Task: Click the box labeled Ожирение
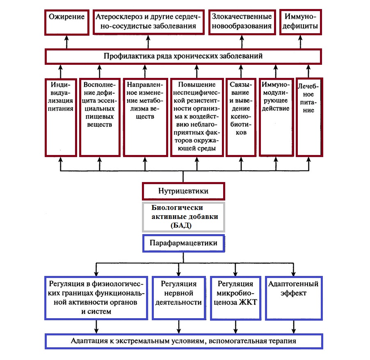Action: coord(67,23)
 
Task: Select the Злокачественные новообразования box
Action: coord(242,22)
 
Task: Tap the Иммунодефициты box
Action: coord(301,22)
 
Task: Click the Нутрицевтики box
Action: coord(183,191)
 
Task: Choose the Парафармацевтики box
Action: coord(183,243)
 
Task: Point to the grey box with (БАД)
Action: coord(183,217)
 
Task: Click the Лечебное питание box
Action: coord(309,117)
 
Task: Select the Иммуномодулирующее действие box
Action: coord(276,117)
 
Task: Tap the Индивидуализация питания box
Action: coord(61,118)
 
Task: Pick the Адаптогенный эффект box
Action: coord(294,298)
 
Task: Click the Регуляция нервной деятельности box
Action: coord(179,298)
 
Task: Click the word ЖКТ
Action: coord(248,302)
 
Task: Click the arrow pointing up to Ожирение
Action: coord(67,42)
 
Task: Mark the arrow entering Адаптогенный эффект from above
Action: coord(294,269)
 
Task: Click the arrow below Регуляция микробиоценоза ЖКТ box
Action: coord(235,327)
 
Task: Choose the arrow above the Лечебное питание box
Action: coord(308,71)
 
